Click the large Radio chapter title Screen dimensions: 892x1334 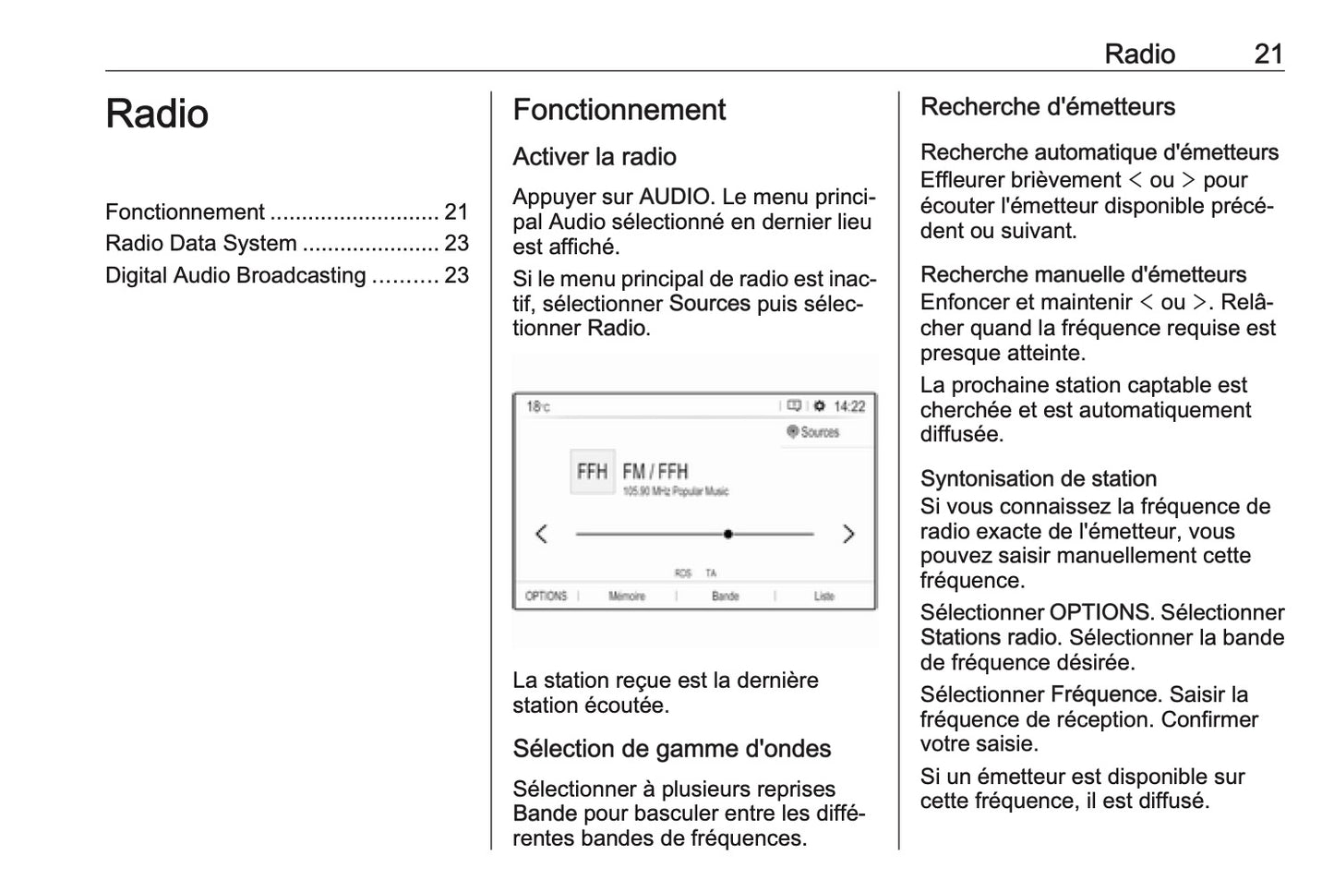point(157,115)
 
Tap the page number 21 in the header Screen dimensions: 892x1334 point(1268,54)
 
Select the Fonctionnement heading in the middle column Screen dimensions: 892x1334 point(619,110)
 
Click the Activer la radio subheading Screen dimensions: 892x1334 point(595,157)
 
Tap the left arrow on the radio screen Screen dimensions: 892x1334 point(542,534)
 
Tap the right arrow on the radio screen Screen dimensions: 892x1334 point(848,534)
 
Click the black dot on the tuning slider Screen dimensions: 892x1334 point(728,534)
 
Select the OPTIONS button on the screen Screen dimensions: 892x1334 point(546,597)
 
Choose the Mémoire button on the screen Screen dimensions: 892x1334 point(627,597)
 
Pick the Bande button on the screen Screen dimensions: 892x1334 point(726,597)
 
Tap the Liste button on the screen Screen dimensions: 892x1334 point(824,597)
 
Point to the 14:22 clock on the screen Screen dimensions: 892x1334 point(849,406)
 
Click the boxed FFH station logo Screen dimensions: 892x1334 point(592,472)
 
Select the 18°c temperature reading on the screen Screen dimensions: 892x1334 point(537,406)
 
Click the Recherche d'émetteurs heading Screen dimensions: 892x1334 point(1047,107)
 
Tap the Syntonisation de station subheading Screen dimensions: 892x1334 point(1038,478)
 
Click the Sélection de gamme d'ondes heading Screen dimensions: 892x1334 point(671,749)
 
